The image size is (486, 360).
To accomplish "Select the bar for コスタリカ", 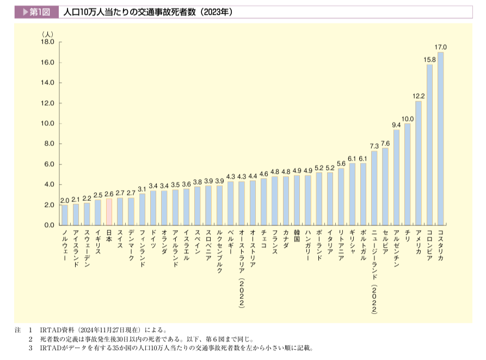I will tap(441, 139).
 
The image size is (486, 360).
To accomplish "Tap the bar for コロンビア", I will tap(429, 145).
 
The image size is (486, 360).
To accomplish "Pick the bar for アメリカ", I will tap(419, 163).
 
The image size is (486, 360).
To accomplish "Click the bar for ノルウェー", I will tap(65, 215).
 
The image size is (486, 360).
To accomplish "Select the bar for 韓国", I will tap(297, 200).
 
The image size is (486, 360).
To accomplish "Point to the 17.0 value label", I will tap(441, 47).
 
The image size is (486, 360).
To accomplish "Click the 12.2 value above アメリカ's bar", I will tap(419, 96).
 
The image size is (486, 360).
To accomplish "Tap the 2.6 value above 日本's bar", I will tap(109, 193).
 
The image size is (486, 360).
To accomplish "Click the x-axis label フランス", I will tap(275, 243).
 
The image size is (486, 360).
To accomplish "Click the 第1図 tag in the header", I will tap(36, 11).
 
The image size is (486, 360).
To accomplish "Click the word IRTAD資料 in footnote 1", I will tap(53, 330).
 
